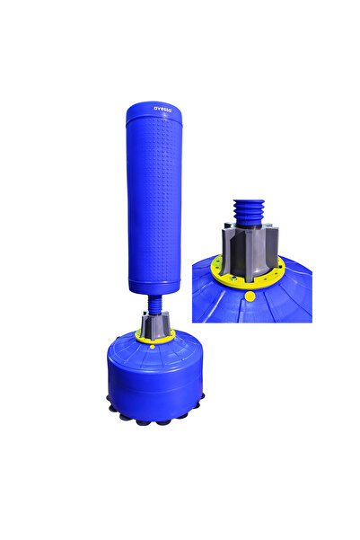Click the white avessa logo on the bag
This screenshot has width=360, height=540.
pos(162,109)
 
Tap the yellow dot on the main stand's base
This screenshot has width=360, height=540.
pos(152,347)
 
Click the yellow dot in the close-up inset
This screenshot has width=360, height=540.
pos(250,297)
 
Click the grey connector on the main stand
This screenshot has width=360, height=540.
pos(155,324)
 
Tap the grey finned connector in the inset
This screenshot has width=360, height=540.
pos(250,249)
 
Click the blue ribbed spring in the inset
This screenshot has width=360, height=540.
pos(249,213)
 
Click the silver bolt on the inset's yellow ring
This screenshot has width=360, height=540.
pos(234,279)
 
